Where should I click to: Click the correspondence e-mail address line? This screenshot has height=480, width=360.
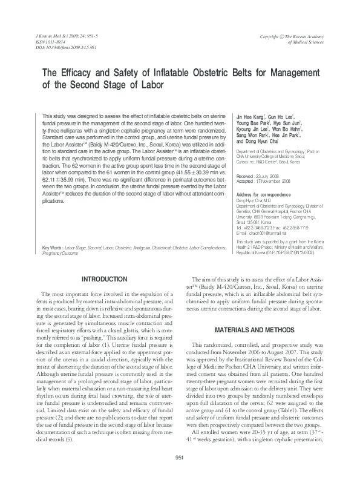[x=266, y=215]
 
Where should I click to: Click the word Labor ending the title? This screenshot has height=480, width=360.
[x=149, y=85]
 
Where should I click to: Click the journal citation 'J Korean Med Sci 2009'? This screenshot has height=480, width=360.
[x=63, y=36]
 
